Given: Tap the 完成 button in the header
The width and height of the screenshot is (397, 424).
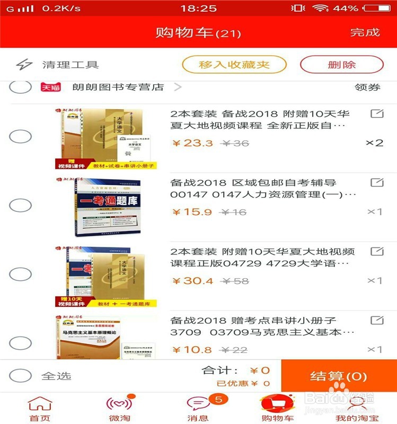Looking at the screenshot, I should pyautogui.click(x=365, y=32).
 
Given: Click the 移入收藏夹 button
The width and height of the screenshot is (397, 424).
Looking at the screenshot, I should pyautogui.click(x=234, y=65).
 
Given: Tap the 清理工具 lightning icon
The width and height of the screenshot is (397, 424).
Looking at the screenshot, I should pyautogui.click(x=24, y=65).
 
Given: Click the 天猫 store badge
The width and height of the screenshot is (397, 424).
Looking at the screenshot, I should pyautogui.click(x=51, y=87).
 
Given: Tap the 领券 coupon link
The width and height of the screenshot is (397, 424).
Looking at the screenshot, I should pyautogui.click(x=367, y=87).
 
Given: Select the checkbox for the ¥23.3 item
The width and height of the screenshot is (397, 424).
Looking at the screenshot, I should pyautogui.click(x=21, y=136).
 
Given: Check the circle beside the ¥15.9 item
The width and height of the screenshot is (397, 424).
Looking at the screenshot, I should pyautogui.click(x=21, y=206).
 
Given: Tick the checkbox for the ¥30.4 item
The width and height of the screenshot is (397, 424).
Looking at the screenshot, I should pyautogui.click(x=21, y=274).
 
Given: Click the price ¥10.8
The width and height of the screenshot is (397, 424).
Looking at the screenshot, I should pyautogui.click(x=192, y=350).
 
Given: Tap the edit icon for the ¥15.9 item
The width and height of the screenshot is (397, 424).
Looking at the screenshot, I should pyautogui.click(x=376, y=183).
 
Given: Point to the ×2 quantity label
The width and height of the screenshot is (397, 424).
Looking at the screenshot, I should pyautogui.click(x=374, y=143).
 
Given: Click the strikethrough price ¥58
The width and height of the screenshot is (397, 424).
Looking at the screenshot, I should pyautogui.click(x=235, y=281).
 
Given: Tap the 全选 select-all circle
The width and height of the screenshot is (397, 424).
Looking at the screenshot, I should pyautogui.click(x=21, y=376).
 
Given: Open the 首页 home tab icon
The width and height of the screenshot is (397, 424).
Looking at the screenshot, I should pyautogui.click(x=40, y=404).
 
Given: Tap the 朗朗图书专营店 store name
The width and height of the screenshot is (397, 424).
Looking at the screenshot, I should pyautogui.click(x=118, y=87).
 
